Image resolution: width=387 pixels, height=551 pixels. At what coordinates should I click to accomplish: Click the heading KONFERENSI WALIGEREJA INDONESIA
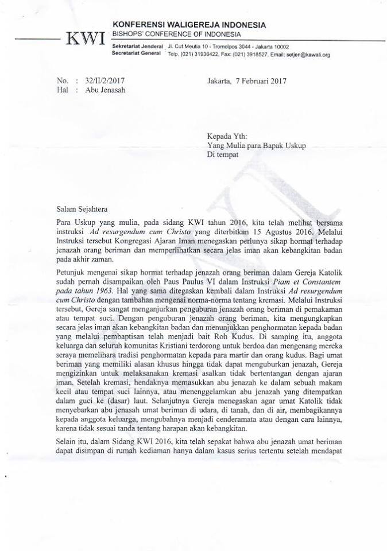(189, 25)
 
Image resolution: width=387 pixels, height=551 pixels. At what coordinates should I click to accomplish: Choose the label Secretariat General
(136, 54)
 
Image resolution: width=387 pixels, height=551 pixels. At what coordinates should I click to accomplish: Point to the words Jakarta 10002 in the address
(270, 46)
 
